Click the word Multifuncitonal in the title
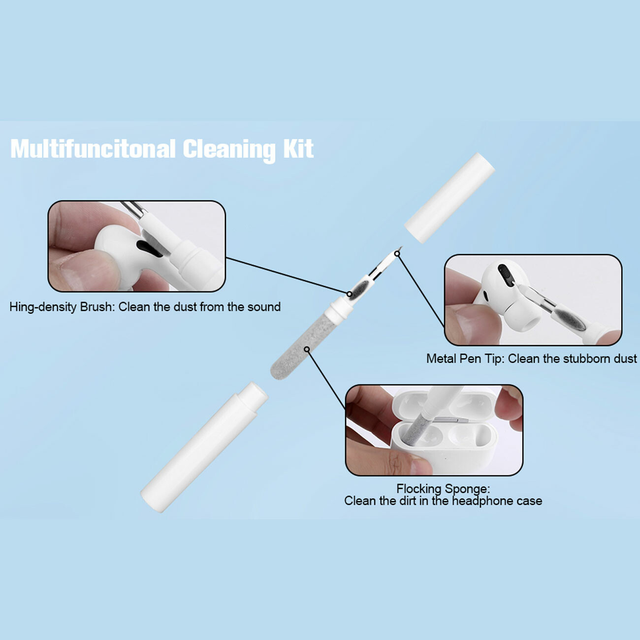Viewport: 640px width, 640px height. point(93,149)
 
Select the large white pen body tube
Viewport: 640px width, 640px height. point(204,447)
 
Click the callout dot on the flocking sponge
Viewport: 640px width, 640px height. point(307,349)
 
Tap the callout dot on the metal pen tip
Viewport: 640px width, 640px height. point(397,254)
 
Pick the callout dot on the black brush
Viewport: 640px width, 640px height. point(350,294)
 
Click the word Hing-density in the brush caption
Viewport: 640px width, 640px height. point(43,307)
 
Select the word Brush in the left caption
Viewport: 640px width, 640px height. point(97,306)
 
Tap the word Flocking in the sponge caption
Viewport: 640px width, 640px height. point(419,489)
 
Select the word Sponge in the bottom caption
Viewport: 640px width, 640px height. point(467,489)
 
